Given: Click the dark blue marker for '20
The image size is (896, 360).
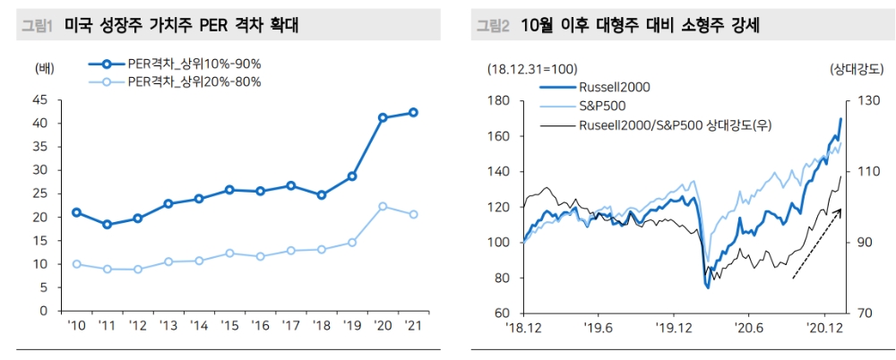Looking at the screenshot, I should pyautogui.click(x=383, y=117).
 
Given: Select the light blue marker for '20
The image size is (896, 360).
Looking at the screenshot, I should pyautogui.click(x=383, y=206).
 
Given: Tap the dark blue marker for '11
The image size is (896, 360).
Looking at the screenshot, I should pyautogui.click(x=107, y=225).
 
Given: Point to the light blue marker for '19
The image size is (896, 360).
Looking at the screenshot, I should pyautogui.click(x=352, y=242).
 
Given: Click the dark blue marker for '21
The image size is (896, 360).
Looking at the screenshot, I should pyautogui.click(x=413, y=112).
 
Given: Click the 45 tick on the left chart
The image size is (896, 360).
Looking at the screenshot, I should pyautogui.click(x=39, y=99).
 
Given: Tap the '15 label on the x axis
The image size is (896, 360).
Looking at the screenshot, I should pyautogui.click(x=229, y=325).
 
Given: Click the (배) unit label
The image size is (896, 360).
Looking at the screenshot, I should pyautogui.click(x=44, y=68).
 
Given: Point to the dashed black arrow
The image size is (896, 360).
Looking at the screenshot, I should pyautogui.click(x=816, y=244).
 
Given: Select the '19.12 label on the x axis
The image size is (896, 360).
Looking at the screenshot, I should pyautogui.click(x=673, y=328).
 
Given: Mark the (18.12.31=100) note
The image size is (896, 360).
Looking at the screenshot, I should pyautogui.click(x=532, y=68).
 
